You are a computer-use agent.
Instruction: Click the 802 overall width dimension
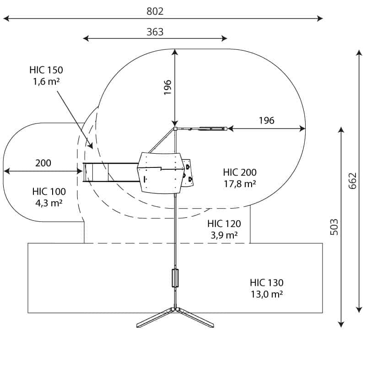pos(155,11)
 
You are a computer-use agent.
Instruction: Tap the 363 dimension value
pos(155,32)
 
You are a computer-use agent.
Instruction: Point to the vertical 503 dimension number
pos(334,226)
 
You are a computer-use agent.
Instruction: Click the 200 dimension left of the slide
pos(43,163)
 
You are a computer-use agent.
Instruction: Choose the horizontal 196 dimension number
pos(266,120)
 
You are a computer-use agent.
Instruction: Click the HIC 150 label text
pos(46,70)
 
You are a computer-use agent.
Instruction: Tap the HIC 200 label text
pos(240,172)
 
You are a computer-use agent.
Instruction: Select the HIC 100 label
pos(49,192)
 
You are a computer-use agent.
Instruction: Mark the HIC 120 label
pos(224,224)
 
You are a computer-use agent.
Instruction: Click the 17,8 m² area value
pos(240,183)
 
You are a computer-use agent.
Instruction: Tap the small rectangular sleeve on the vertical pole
pos(175,278)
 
